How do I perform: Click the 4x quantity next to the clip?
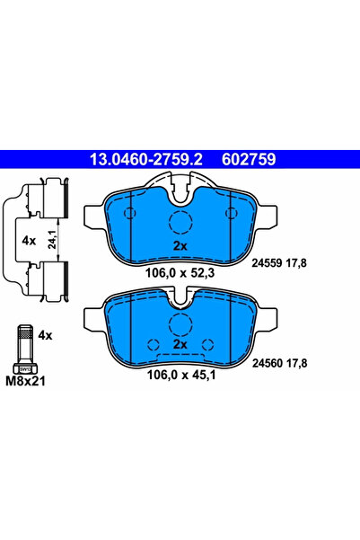tap(28, 241)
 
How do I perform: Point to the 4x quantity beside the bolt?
tap(46, 335)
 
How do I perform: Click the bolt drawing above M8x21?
tap(23, 348)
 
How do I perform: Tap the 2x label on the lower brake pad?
tap(179, 344)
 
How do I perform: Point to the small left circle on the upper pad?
tap(128, 213)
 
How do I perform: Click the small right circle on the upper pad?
tap(233, 213)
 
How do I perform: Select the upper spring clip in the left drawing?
tap(42, 199)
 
